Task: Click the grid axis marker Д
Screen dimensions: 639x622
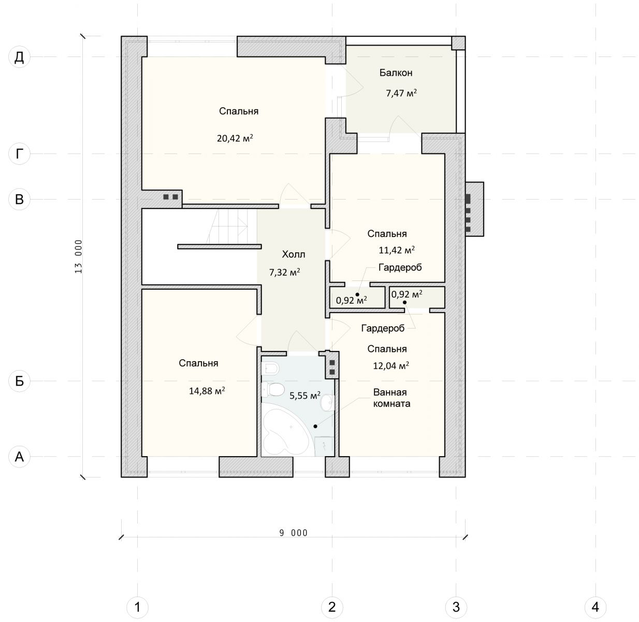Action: point(19,57)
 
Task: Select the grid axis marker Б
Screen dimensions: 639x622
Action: point(19,381)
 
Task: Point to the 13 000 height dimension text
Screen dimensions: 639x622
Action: point(79,257)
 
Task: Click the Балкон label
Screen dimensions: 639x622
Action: point(396,73)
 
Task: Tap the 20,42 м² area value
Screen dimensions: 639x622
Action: point(235,138)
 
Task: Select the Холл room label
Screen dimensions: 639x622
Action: point(293,254)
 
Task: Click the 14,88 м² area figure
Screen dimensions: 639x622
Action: point(207,390)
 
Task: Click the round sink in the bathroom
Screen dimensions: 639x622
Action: point(327,402)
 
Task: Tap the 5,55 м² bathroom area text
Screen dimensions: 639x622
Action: point(304,395)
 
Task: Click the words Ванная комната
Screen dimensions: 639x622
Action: point(391,398)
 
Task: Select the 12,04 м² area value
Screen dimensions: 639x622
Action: point(391,365)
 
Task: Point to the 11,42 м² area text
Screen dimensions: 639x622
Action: point(397,250)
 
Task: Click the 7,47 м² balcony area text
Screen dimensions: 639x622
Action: point(401,93)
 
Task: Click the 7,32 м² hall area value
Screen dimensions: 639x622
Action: point(284,272)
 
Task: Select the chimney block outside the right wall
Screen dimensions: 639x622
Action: point(474,209)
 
